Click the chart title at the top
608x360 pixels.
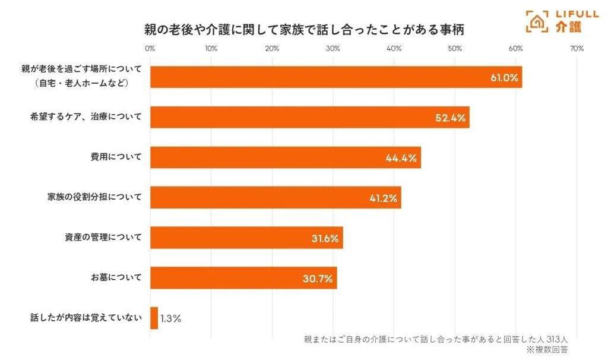[x=303, y=29]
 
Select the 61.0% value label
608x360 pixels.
[x=504, y=78]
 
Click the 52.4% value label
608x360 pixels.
[x=450, y=118]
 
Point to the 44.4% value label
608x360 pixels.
[x=401, y=158]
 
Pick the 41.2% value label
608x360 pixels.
[x=383, y=198]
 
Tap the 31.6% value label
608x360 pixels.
[x=325, y=238]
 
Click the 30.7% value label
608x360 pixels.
[x=318, y=278]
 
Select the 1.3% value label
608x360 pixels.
[x=170, y=318]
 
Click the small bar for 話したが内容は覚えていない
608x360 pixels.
[x=154, y=318]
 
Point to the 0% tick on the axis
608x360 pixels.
[x=150, y=49]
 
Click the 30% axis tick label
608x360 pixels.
[x=333, y=49]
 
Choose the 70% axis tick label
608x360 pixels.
[x=577, y=49]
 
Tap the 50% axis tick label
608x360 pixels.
[x=455, y=49]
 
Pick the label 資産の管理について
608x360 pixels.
[x=103, y=238]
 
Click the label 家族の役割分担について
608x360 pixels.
[x=94, y=197]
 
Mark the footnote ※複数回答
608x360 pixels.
[x=547, y=350]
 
